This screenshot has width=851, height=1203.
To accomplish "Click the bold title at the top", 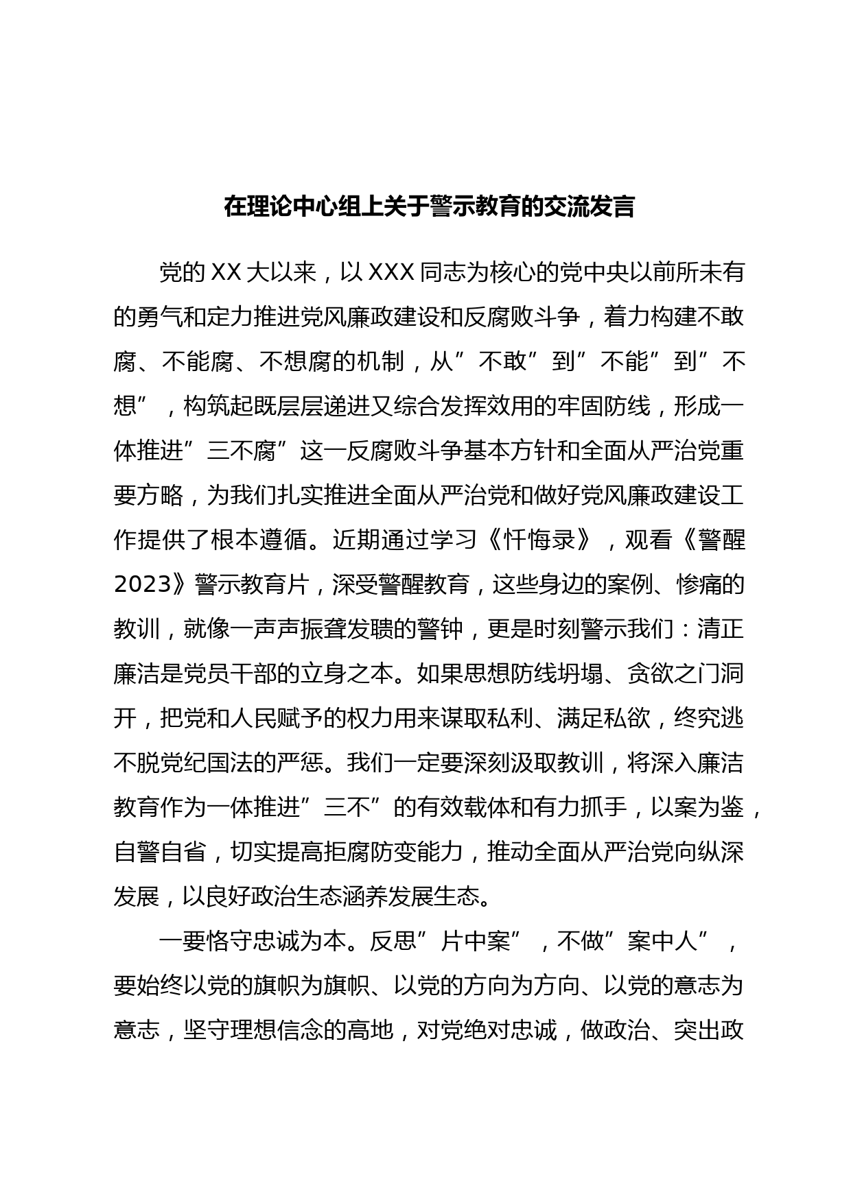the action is click(x=429, y=206).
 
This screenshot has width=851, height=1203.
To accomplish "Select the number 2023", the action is click(x=142, y=584).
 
